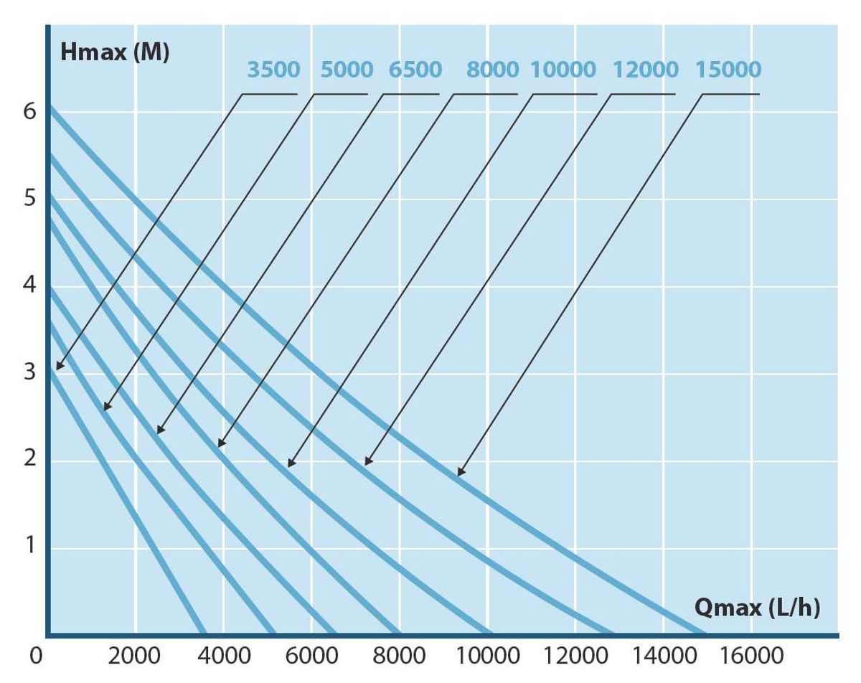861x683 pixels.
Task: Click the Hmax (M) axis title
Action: tap(115, 53)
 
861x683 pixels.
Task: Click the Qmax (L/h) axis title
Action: tap(757, 608)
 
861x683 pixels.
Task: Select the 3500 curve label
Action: tap(273, 70)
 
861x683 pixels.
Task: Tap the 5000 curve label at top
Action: tap(347, 70)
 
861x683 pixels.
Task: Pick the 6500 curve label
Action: tap(415, 70)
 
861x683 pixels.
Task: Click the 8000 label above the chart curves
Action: tap(492, 70)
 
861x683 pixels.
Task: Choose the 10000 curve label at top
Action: tap(563, 70)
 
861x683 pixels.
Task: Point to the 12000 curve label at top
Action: tap(646, 70)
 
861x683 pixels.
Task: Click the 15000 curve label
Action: tap(728, 70)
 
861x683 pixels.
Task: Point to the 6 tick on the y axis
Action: tap(29, 112)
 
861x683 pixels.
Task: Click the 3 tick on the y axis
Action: tap(29, 372)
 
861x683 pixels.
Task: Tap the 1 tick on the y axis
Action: tap(29, 546)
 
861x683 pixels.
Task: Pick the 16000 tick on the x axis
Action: tap(751, 656)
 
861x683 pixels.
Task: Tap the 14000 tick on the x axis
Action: tap(664, 656)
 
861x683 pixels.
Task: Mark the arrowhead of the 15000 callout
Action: tap(459, 474)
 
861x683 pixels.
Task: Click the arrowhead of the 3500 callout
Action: tap(59, 368)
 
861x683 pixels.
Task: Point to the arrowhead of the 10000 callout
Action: tap(290, 465)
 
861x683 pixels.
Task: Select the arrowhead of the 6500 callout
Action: tap(159, 431)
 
